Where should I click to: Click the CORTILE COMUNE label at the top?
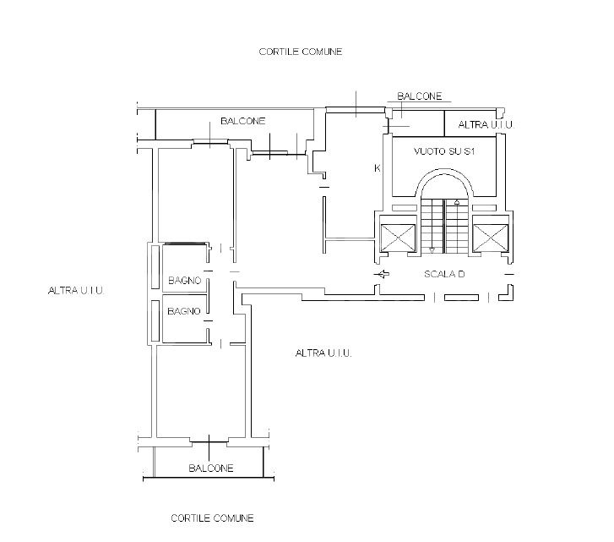coord(301,52)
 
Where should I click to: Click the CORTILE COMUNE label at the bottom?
coord(212,518)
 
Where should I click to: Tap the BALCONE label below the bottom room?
coord(211,468)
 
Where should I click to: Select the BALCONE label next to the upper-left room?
coord(242,121)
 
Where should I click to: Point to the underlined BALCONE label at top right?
coord(420,96)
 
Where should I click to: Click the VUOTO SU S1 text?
coord(444,151)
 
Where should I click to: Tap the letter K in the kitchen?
coord(377,168)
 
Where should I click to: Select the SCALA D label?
coord(444,274)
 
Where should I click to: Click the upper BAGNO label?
coord(184,281)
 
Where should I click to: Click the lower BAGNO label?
coord(184,311)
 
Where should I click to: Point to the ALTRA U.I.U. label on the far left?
coord(76,290)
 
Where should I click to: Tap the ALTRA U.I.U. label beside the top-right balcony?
coord(486,124)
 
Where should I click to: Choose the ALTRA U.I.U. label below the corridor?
coord(323,353)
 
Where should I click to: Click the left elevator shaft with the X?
coord(398,238)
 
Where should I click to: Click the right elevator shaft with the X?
coord(490,238)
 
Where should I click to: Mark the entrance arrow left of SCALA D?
coord(382,274)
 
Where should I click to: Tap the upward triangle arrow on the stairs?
coord(457,202)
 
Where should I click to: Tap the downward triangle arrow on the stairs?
coord(432,250)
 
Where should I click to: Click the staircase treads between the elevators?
coord(444,227)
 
